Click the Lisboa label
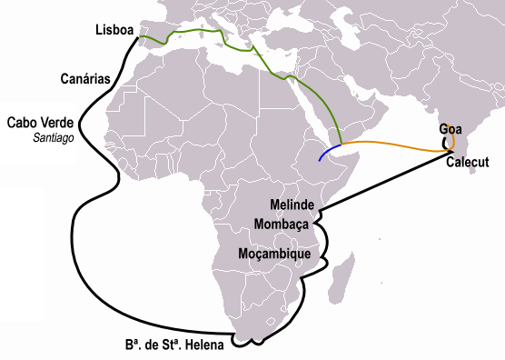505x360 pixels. click(114, 31)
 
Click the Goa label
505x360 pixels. click(451, 129)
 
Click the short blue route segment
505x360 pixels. click(329, 151)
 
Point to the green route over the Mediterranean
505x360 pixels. click(195, 32)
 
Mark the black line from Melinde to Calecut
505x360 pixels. click(381, 186)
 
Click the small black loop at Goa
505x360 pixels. click(445, 142)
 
